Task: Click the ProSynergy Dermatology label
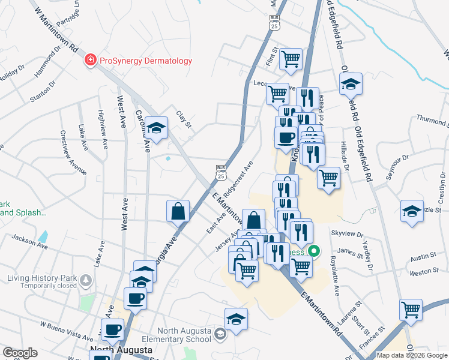coord(145,61)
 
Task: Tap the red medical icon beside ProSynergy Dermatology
coord(91,60)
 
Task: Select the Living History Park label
coord(41,278)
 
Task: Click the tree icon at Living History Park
coord(86,280)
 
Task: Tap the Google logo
coord(20,353)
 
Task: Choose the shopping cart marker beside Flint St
coord(291,58)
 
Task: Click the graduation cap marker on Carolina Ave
coord(157,128)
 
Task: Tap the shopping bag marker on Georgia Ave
coord(178,211)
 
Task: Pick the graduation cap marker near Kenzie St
coord(411,211)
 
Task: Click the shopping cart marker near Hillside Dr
coord(328,177)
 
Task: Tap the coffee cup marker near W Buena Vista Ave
coord(112,329)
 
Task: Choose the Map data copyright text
coord(411,355)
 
